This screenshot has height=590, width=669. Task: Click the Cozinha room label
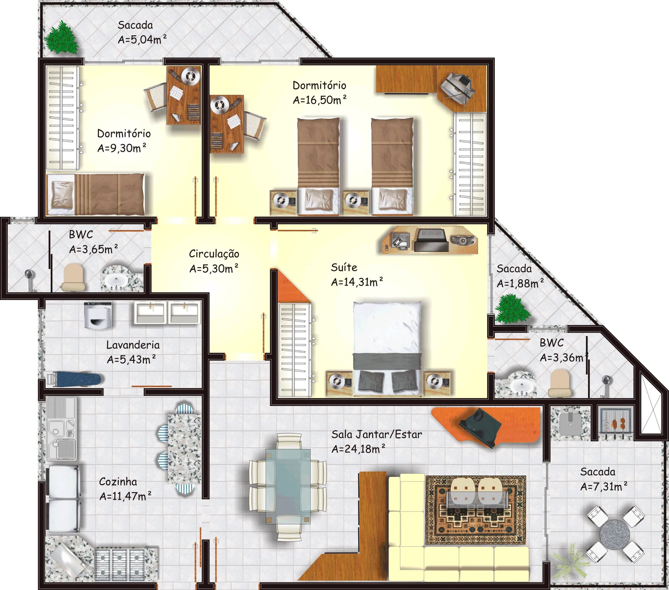coord(118,481)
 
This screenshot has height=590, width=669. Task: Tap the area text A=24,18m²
coord(358,449)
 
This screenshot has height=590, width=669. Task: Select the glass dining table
coord(288,487)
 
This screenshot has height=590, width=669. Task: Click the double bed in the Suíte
coord(387,348)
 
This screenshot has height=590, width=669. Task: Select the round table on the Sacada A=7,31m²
coord(615,535)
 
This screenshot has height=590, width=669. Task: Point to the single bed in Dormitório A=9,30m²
coord(95,195)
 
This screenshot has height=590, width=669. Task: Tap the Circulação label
coord(214,254)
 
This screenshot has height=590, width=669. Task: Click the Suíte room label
coord(344,267)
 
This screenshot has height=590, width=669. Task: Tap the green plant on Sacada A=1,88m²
coord(511,309)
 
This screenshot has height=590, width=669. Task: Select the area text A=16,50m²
coord(320,99)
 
